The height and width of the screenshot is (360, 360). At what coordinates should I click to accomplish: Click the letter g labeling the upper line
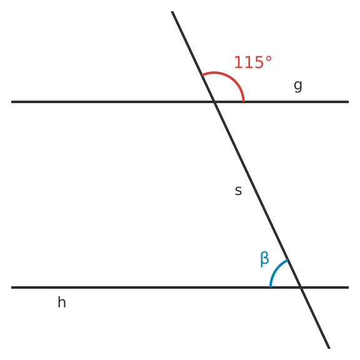298,86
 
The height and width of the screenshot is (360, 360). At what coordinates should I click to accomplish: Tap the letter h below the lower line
62,302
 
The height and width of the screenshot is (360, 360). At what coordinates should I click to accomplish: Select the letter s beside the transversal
238,191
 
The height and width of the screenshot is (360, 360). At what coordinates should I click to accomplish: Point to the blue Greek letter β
264,259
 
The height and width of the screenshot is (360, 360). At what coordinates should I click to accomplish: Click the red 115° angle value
252,62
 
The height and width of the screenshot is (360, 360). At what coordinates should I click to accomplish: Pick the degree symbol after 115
269,59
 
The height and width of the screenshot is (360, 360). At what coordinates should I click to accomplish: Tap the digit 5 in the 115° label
258,62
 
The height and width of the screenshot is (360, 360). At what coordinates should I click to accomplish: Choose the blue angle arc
276,269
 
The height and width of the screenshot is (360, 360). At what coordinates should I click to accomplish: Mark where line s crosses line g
214,102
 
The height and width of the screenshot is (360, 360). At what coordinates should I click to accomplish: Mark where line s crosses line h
301,287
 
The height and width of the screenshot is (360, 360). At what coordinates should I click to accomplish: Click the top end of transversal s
172,11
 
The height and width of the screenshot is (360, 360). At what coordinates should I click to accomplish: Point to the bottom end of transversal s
329,348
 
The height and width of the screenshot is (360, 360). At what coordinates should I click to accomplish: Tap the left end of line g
11,102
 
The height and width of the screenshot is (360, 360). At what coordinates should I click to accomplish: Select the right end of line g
349,102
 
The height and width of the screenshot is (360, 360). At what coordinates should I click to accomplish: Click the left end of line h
11,287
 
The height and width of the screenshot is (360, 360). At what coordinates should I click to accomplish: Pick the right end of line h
349,287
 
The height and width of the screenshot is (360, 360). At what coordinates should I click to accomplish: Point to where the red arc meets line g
244,101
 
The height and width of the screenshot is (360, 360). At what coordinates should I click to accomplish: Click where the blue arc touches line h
271,287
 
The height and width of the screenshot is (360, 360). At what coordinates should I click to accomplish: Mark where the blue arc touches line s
287,260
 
